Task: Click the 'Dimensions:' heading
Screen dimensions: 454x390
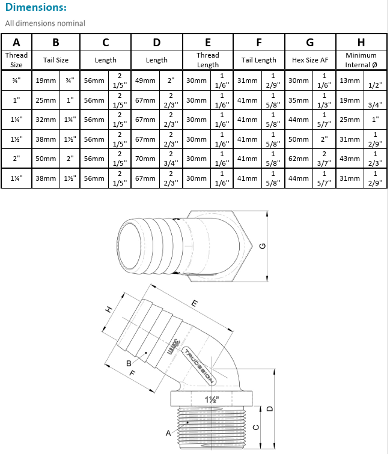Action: tap(36, 8)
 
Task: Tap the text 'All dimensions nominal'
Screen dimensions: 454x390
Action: tap(45, 23)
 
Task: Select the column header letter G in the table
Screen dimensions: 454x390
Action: tap(309, 42)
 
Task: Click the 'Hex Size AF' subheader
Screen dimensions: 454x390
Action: tap(309, 60)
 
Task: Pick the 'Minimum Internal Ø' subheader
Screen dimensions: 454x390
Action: tap(361, 60)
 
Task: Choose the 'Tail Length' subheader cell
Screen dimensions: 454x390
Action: tap(258, 60)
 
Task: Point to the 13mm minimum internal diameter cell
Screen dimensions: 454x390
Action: tap(349, 80)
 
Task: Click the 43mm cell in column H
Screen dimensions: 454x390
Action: tap(349, 160)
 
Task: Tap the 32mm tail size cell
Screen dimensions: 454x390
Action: tap(45, 120)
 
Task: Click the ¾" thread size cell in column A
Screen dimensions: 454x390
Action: tap(16, 80)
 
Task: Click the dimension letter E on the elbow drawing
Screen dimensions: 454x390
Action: tap(194, 304)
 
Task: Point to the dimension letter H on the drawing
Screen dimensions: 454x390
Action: tap(109, 309)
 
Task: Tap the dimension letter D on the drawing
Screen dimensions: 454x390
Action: tap(270, 408)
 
